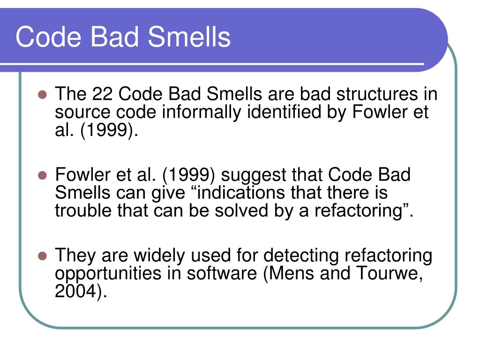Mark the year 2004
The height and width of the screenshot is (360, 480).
click(x=75, y=292)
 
